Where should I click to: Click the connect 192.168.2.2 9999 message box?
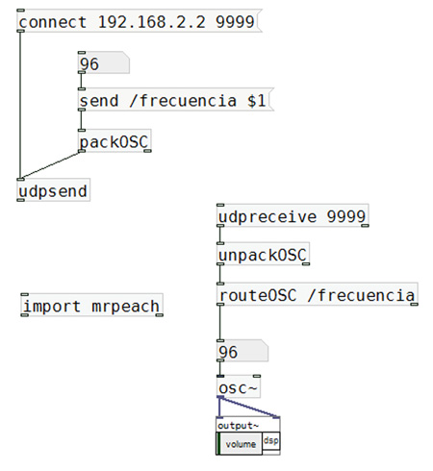[140, 21]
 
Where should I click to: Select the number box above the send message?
[104, 62]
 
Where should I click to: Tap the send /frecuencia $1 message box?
[176, 99]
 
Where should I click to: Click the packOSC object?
[115, 140]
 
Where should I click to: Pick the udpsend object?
[53, 189]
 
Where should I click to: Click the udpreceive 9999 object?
[293, 215]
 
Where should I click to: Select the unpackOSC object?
[263, 254]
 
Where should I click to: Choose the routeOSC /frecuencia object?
[318, 294]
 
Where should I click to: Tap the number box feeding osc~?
[242, 351]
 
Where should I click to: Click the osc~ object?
[239, 386]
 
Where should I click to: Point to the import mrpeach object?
[91, 305]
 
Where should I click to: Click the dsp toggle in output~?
[271, 441]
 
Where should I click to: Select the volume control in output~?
[240, 443]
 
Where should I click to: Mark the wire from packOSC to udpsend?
[50, 165]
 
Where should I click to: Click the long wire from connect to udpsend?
[20, 105]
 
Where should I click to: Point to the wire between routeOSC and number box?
[220, 323]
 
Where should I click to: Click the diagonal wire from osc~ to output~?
[249, 408]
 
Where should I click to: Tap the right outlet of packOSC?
[147, 151]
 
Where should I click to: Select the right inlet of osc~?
[257, 376]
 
